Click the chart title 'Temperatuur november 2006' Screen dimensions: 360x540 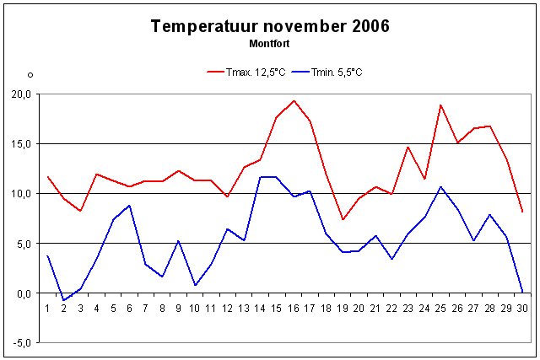point(269,26)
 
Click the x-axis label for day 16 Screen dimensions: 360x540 point(294,309)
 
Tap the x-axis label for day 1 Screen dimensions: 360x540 point(47,309)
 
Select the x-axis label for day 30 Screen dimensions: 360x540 point(523,309)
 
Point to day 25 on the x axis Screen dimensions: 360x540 point(440,309)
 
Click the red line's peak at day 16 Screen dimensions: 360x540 point(294,101)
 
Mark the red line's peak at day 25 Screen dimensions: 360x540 point(440,105)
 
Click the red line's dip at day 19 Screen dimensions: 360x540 point(343,219)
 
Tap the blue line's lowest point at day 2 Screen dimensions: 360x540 point(63,300)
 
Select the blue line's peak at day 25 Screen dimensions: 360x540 point(440,186)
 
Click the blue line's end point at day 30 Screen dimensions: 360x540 point(522,293)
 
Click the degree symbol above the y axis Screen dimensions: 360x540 point(30,76)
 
